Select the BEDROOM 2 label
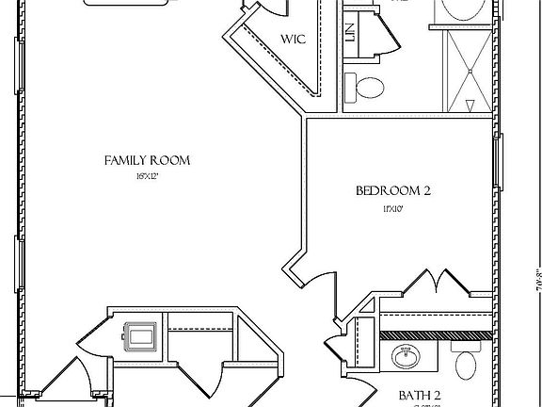click(x=392, y=190)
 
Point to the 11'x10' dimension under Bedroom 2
click(x=392, y=208)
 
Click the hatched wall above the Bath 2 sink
click(x=436, y=334)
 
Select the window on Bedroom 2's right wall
click(x=499, y=160)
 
